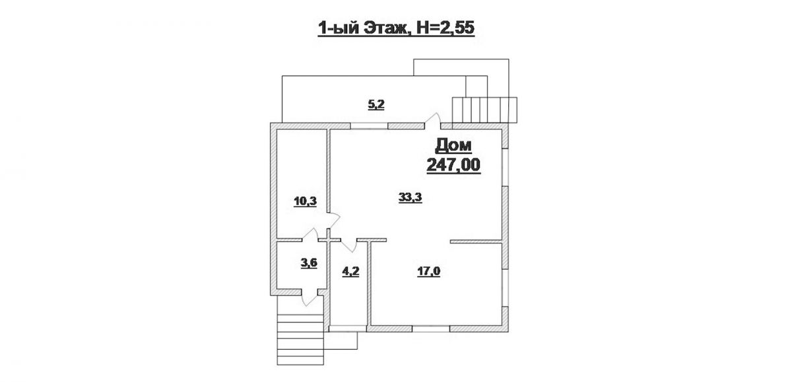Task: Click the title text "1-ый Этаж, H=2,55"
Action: [x=396, y=28]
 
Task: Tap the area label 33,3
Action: [x=410, y=197]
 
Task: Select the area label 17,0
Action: [x=428, y=272]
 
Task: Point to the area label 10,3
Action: [x=305, y=202]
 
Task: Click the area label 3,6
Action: [x=309, y=264]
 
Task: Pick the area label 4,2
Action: [x=350, y=272]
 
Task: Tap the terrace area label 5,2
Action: [x=376, y=105]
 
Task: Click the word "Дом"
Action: [x=453, y=146]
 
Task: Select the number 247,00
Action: [x=453, y=165]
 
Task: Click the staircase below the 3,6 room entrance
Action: [x=300, y=340]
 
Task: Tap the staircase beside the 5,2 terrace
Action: [x=484, y=110]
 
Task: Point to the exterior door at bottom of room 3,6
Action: [x=310, y=298]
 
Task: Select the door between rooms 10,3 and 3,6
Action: [x=310, y=235]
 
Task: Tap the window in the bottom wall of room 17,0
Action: [x=430, y=329]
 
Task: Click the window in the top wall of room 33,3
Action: [x=369, y=126]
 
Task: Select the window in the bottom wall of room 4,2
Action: [x=348, y=329]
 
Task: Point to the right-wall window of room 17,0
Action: [x=506, y=288]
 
